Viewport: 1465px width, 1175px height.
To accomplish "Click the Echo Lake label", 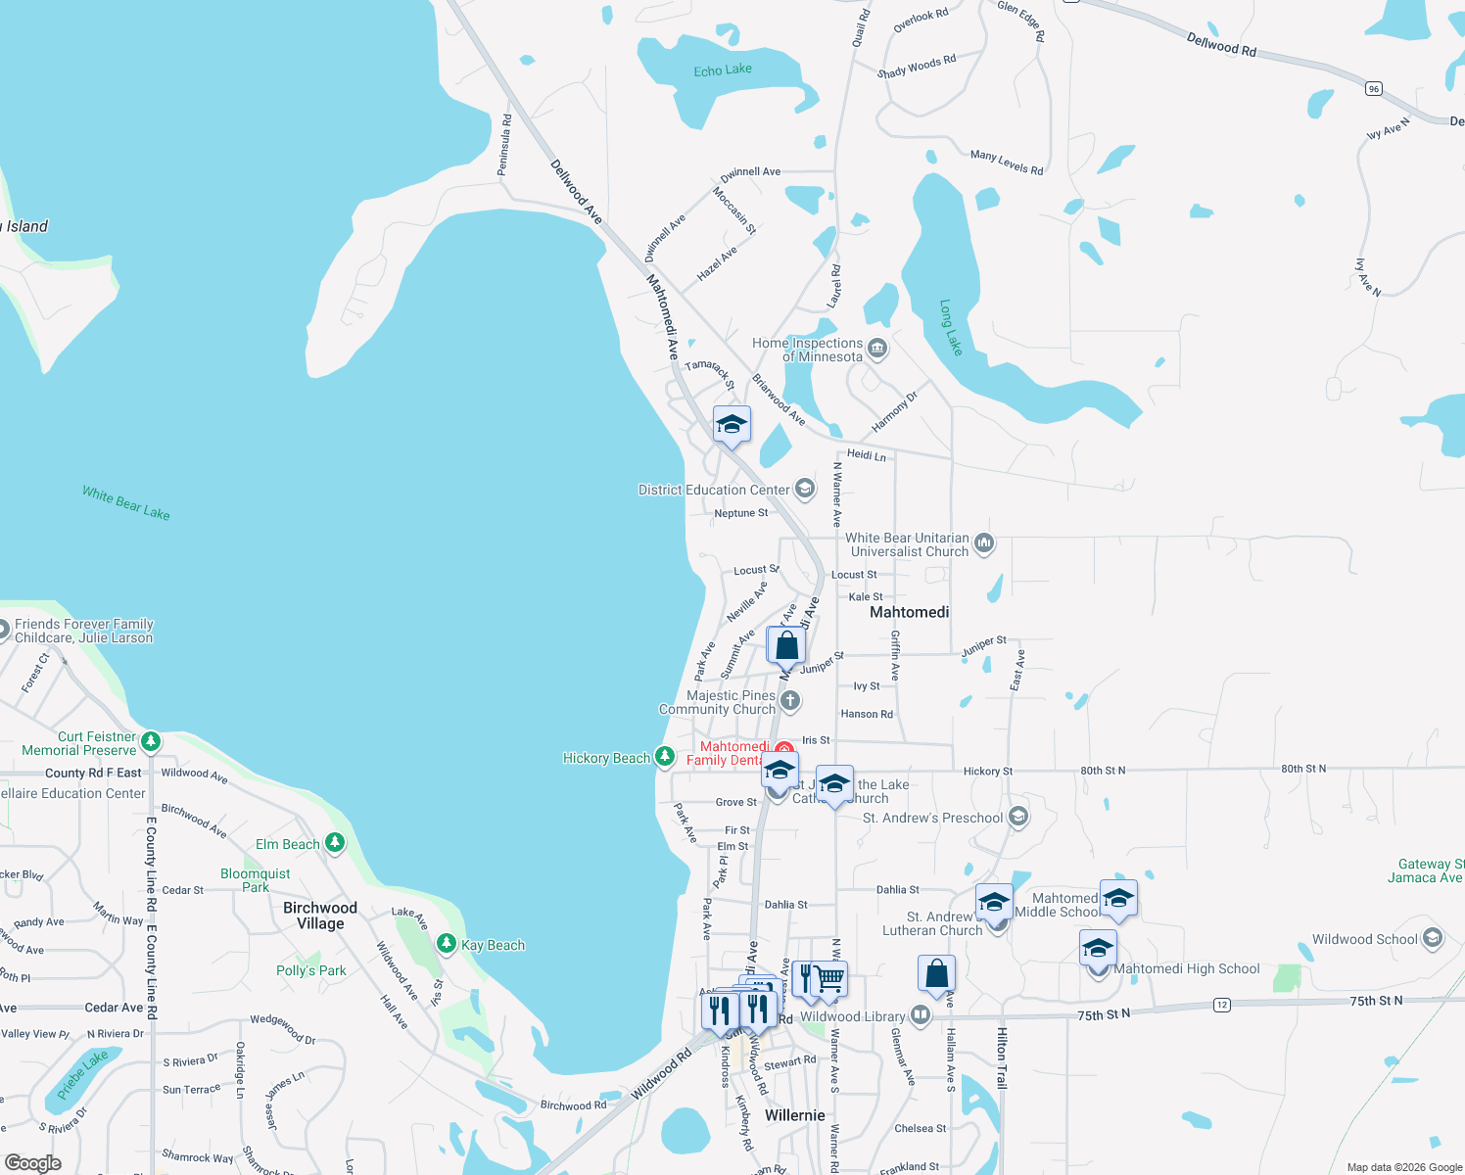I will pyautogui.click(x=723, y=70).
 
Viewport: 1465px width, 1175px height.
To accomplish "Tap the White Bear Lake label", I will pyautogui.click(x=126, y=503).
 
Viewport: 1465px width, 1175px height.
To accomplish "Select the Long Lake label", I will pyautogui.click(x=951, y=327).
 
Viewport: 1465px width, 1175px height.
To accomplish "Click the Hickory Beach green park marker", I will pyautogui.click(x=665, y=756).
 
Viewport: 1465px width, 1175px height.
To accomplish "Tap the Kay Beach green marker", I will pyautogui.click(x=447, y=944).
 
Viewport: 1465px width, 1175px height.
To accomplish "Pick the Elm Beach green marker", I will pyautogui.click(x=335, y=842).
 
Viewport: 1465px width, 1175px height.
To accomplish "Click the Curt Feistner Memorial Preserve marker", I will pyautogui.click(x=151, y=741).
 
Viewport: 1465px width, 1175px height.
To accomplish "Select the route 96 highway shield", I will pyautogui.click(x=1374, y=89).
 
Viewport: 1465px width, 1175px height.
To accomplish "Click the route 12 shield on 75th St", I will pyautogui.click(x=1221, y=1005).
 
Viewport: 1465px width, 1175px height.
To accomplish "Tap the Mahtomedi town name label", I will pyautogui.click(x=910, y=612).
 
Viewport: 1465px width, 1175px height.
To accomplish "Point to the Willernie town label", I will pyautogui.click(x=794, y=1115).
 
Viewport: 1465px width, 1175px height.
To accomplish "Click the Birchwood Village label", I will pyautogui.click(x=320, y=916).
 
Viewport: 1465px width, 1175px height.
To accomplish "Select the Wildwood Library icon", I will pyautogui.click(x=920, y=1015).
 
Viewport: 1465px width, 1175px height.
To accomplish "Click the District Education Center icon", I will pyautogui.click(x=804, y=489).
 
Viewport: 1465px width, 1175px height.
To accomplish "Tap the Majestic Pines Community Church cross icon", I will pyautogui.click(x=790, y=701).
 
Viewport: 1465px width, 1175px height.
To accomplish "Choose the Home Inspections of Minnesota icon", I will pyautogui.click(x=876, y=348).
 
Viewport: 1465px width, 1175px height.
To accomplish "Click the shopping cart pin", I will pyautogui.click(x=829, y=978).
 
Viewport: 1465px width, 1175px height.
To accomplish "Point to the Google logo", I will pyautogui.click(x=32, y=1163).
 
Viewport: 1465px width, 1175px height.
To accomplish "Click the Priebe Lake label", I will pyautogui.click(x=82, y=1074).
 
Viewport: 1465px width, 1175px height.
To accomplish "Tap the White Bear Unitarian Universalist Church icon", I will pyautogui.click(x=984, y=542).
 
